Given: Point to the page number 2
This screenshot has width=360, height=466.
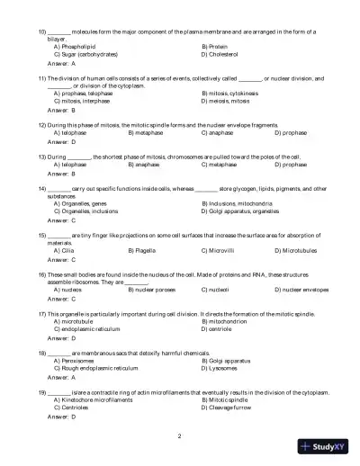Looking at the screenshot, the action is click(180, 436).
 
